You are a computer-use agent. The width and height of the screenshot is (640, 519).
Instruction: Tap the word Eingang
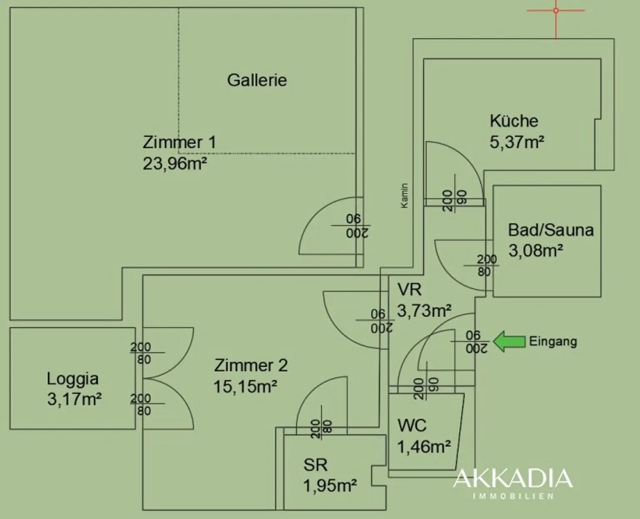click(553, 341)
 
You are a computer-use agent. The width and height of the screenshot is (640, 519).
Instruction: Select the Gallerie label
click(257, 80)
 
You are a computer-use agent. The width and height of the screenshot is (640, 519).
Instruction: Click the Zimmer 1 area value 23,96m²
click(175, 163)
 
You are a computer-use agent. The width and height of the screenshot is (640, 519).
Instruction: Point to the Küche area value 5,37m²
click(517, 142)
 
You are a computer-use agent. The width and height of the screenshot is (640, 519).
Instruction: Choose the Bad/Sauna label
click(550, 230)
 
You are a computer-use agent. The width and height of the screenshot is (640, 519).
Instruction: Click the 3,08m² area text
click(535, 251)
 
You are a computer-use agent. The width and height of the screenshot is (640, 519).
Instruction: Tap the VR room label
click(409, 289)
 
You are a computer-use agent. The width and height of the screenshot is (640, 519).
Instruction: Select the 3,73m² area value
click(424, 310)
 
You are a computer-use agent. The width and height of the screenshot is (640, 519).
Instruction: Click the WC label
click(412, 426)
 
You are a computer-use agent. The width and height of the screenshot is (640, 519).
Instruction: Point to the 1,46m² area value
click(424, 447)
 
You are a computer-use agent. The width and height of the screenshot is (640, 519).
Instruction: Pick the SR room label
click(315, 464)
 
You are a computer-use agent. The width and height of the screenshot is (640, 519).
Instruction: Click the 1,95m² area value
click(330, 486)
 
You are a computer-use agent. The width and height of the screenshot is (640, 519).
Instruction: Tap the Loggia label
click(72, 379)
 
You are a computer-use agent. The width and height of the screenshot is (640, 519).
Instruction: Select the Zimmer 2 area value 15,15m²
click(245, 386)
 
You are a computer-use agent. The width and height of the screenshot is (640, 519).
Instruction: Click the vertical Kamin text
click(404, 196)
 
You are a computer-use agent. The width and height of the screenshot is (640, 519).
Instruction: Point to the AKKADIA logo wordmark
click(513, 479)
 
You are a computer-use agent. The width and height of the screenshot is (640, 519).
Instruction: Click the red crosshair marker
click(556, 10)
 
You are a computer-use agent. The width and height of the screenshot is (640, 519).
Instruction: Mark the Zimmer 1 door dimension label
click(357, 226)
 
